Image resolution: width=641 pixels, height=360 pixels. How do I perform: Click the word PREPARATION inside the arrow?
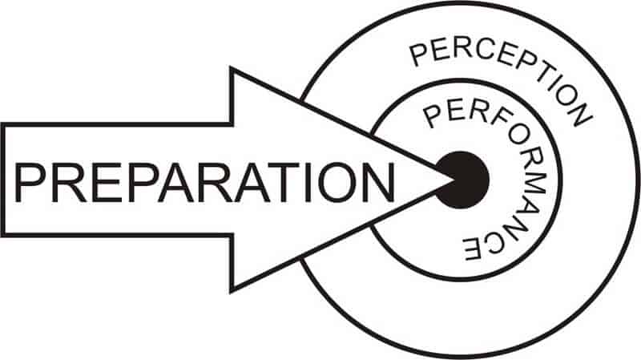click(204, 183)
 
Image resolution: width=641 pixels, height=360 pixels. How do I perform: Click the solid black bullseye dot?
click(462, 180)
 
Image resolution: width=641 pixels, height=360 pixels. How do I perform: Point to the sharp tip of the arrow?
click(453, 180)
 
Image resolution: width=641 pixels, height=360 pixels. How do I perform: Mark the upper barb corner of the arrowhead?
click(232, 69)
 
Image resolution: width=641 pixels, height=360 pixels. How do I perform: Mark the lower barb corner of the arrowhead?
click(232, 292)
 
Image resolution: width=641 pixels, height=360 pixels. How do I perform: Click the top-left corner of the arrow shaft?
click(2, 124)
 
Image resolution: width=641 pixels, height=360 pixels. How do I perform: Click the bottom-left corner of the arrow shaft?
click(2, 236)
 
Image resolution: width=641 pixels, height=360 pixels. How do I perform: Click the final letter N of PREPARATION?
click(379, 183)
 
